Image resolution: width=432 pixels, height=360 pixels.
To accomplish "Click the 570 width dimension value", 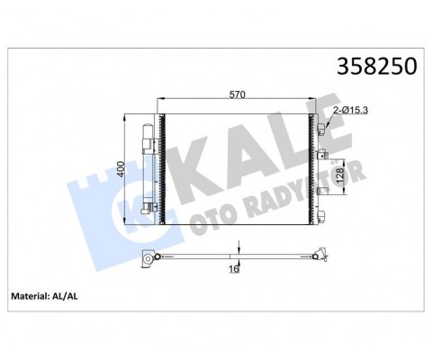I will [237, 94].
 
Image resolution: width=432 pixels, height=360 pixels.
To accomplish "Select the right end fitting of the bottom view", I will [316, 254].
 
